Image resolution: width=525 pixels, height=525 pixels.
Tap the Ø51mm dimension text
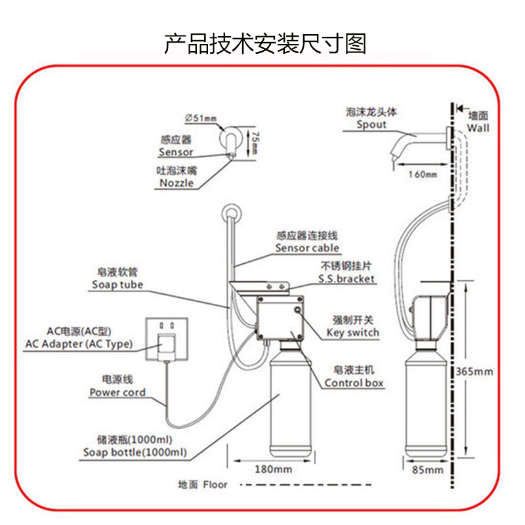tap(200, 118)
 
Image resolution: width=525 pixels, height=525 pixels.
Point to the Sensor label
tap(176, 152)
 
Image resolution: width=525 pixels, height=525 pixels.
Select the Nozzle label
tap(177, 183)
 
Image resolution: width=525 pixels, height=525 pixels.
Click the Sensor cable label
tap(307, 248)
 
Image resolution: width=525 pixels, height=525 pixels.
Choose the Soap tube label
tap(117, 285)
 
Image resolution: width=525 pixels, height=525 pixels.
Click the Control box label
tap(354, 383)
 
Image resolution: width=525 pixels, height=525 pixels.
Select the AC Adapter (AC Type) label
tap(79, 344)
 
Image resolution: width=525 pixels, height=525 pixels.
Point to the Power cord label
tap(117, 392)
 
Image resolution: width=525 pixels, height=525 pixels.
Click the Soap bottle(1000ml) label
tap(135, 452)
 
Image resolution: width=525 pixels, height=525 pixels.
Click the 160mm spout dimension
tap(422, 175)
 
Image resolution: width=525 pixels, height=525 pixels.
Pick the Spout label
tap(371, 125)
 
